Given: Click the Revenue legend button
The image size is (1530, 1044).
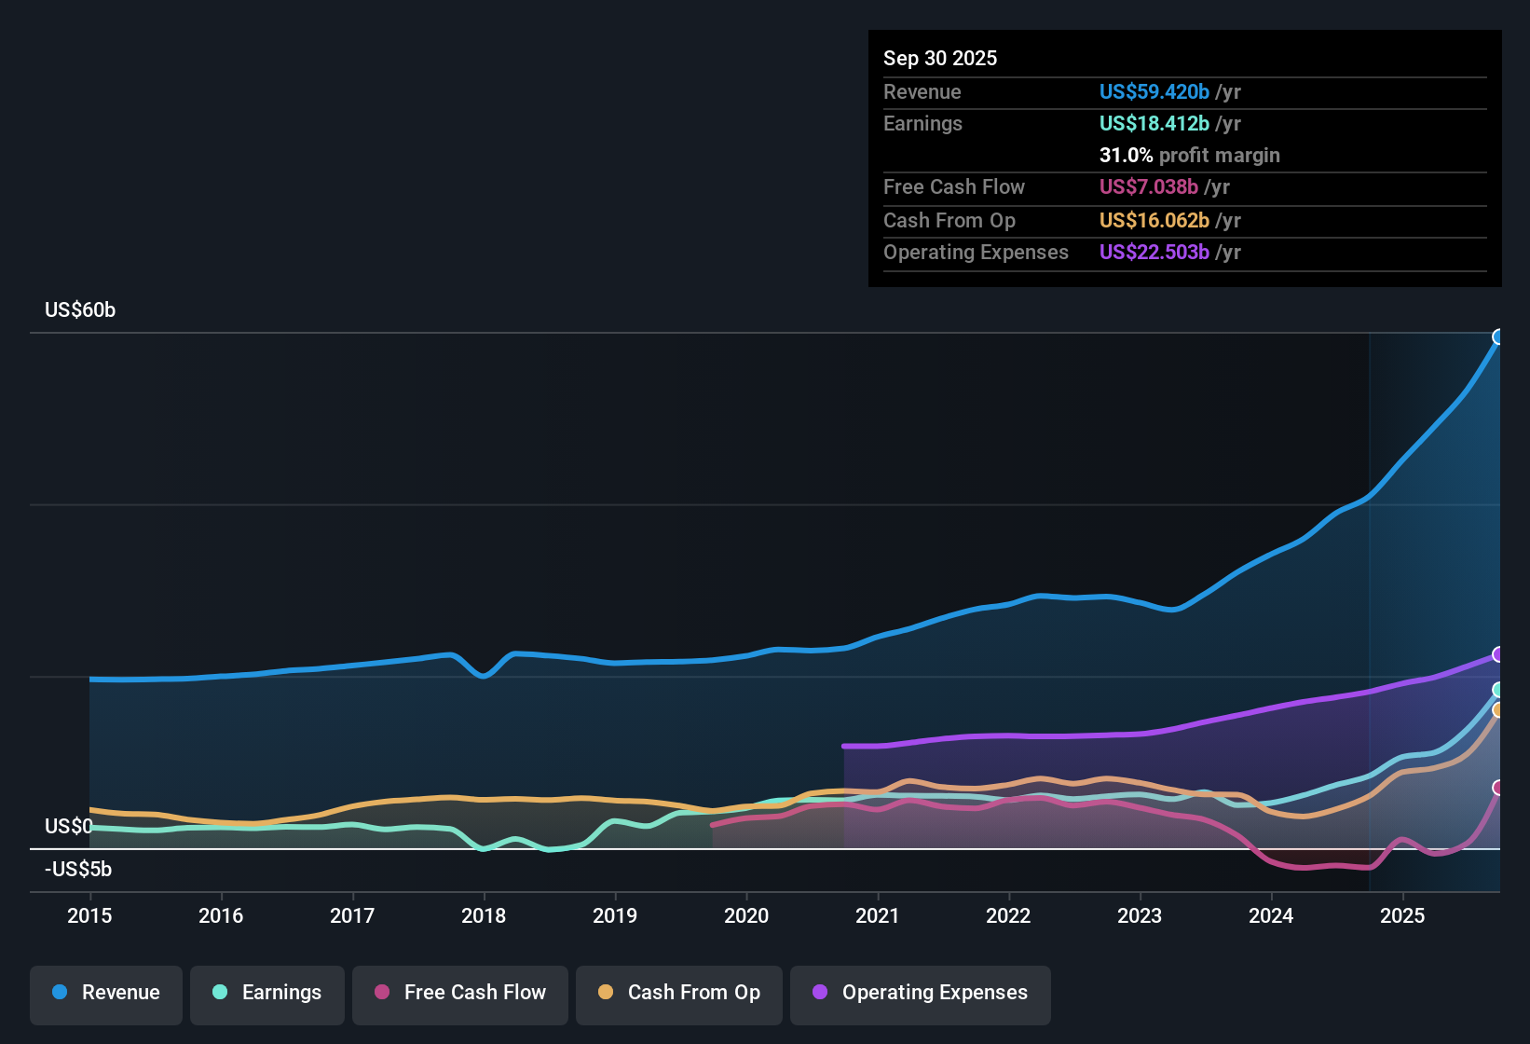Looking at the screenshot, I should pyautogui.click(x=106, y=993).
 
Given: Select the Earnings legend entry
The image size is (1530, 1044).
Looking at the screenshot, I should pyautogui.click(x=267, y=993).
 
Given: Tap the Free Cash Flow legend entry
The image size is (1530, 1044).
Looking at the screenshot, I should pyautogui.click(x=460, y=993).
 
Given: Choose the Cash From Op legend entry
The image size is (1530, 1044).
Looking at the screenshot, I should pyautogui.click(x=679, y=993).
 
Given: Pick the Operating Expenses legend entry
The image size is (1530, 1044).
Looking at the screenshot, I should pyautogui.click(x=921, y=993).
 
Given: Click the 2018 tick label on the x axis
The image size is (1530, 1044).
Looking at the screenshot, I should pyautogui.click(x=484, y=915).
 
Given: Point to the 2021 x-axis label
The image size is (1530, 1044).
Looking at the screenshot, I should pyautogui.click(x=877, y=915).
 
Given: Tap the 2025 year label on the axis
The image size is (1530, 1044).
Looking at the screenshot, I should pyautogui.click(x=1401, y=915).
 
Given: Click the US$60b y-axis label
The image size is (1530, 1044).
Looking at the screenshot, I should pyautogui.click(x=80, y=310).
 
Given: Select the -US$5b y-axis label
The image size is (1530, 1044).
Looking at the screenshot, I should pyautogui.click(x=78, y=870).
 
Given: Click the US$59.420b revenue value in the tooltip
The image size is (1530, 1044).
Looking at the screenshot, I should pyautogui.click(x=1154, y=92).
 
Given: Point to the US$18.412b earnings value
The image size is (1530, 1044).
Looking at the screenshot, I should pyautogui.click(x=1154, y=124).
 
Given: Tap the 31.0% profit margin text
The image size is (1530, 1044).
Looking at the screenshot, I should pyautogui.click(x=1189, y=156).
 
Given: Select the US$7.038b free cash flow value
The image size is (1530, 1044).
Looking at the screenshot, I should pyautogui.click(x=1148, y=187).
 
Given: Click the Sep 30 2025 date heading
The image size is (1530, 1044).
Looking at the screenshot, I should pyautogui.click(x=939, y=59).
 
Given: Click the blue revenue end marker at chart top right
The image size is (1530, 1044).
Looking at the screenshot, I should pyautogui.click(x=1498, y=337).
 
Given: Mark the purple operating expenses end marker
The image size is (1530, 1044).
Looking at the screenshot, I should pyautogui.click(x=1498, y=654).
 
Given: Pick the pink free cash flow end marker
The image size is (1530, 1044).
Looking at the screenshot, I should pyautogui.click(x=1498, y=788).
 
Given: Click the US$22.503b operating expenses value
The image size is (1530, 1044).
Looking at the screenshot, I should pyautogui.click(x=1154, y=253).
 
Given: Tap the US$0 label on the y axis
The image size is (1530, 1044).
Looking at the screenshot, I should pyautogui.click(x=68, y=827).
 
